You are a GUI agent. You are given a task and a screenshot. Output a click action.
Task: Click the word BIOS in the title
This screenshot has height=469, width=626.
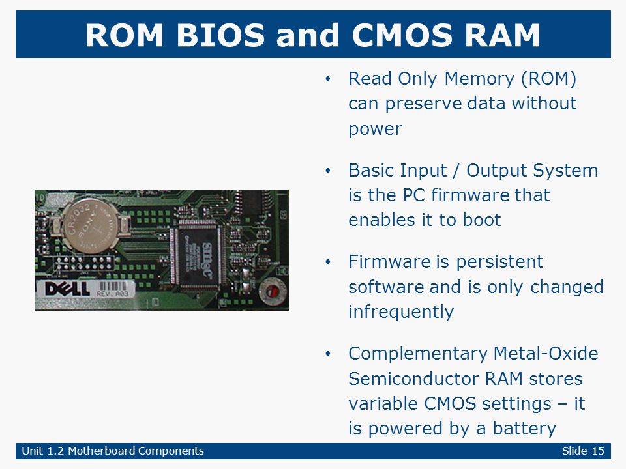220,35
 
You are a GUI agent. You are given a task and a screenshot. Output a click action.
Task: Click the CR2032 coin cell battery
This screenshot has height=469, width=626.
91,226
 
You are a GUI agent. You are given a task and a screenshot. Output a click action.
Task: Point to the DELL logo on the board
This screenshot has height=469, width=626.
67,289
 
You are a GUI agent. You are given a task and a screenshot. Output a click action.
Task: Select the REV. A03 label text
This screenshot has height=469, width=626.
113,294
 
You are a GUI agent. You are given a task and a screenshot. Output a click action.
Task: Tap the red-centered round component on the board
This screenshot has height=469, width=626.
273,292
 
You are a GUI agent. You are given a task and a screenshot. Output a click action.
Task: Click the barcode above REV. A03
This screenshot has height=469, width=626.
113,285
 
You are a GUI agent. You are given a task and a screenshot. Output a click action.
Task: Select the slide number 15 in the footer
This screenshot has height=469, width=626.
598,451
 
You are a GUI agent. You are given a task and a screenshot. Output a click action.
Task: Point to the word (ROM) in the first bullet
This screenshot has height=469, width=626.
549,79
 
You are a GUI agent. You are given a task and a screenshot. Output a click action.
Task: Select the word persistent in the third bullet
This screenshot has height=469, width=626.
499,262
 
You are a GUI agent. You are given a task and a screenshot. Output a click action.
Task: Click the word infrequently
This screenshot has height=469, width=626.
401,312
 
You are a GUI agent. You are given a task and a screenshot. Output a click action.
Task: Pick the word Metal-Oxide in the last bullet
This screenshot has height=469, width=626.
546,353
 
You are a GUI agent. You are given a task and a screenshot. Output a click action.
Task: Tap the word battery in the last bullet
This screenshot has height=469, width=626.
524,429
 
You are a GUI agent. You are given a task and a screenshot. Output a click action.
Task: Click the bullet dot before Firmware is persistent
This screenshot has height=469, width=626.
328,263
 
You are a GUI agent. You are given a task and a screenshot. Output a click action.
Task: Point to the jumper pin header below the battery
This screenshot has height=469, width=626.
83,263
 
